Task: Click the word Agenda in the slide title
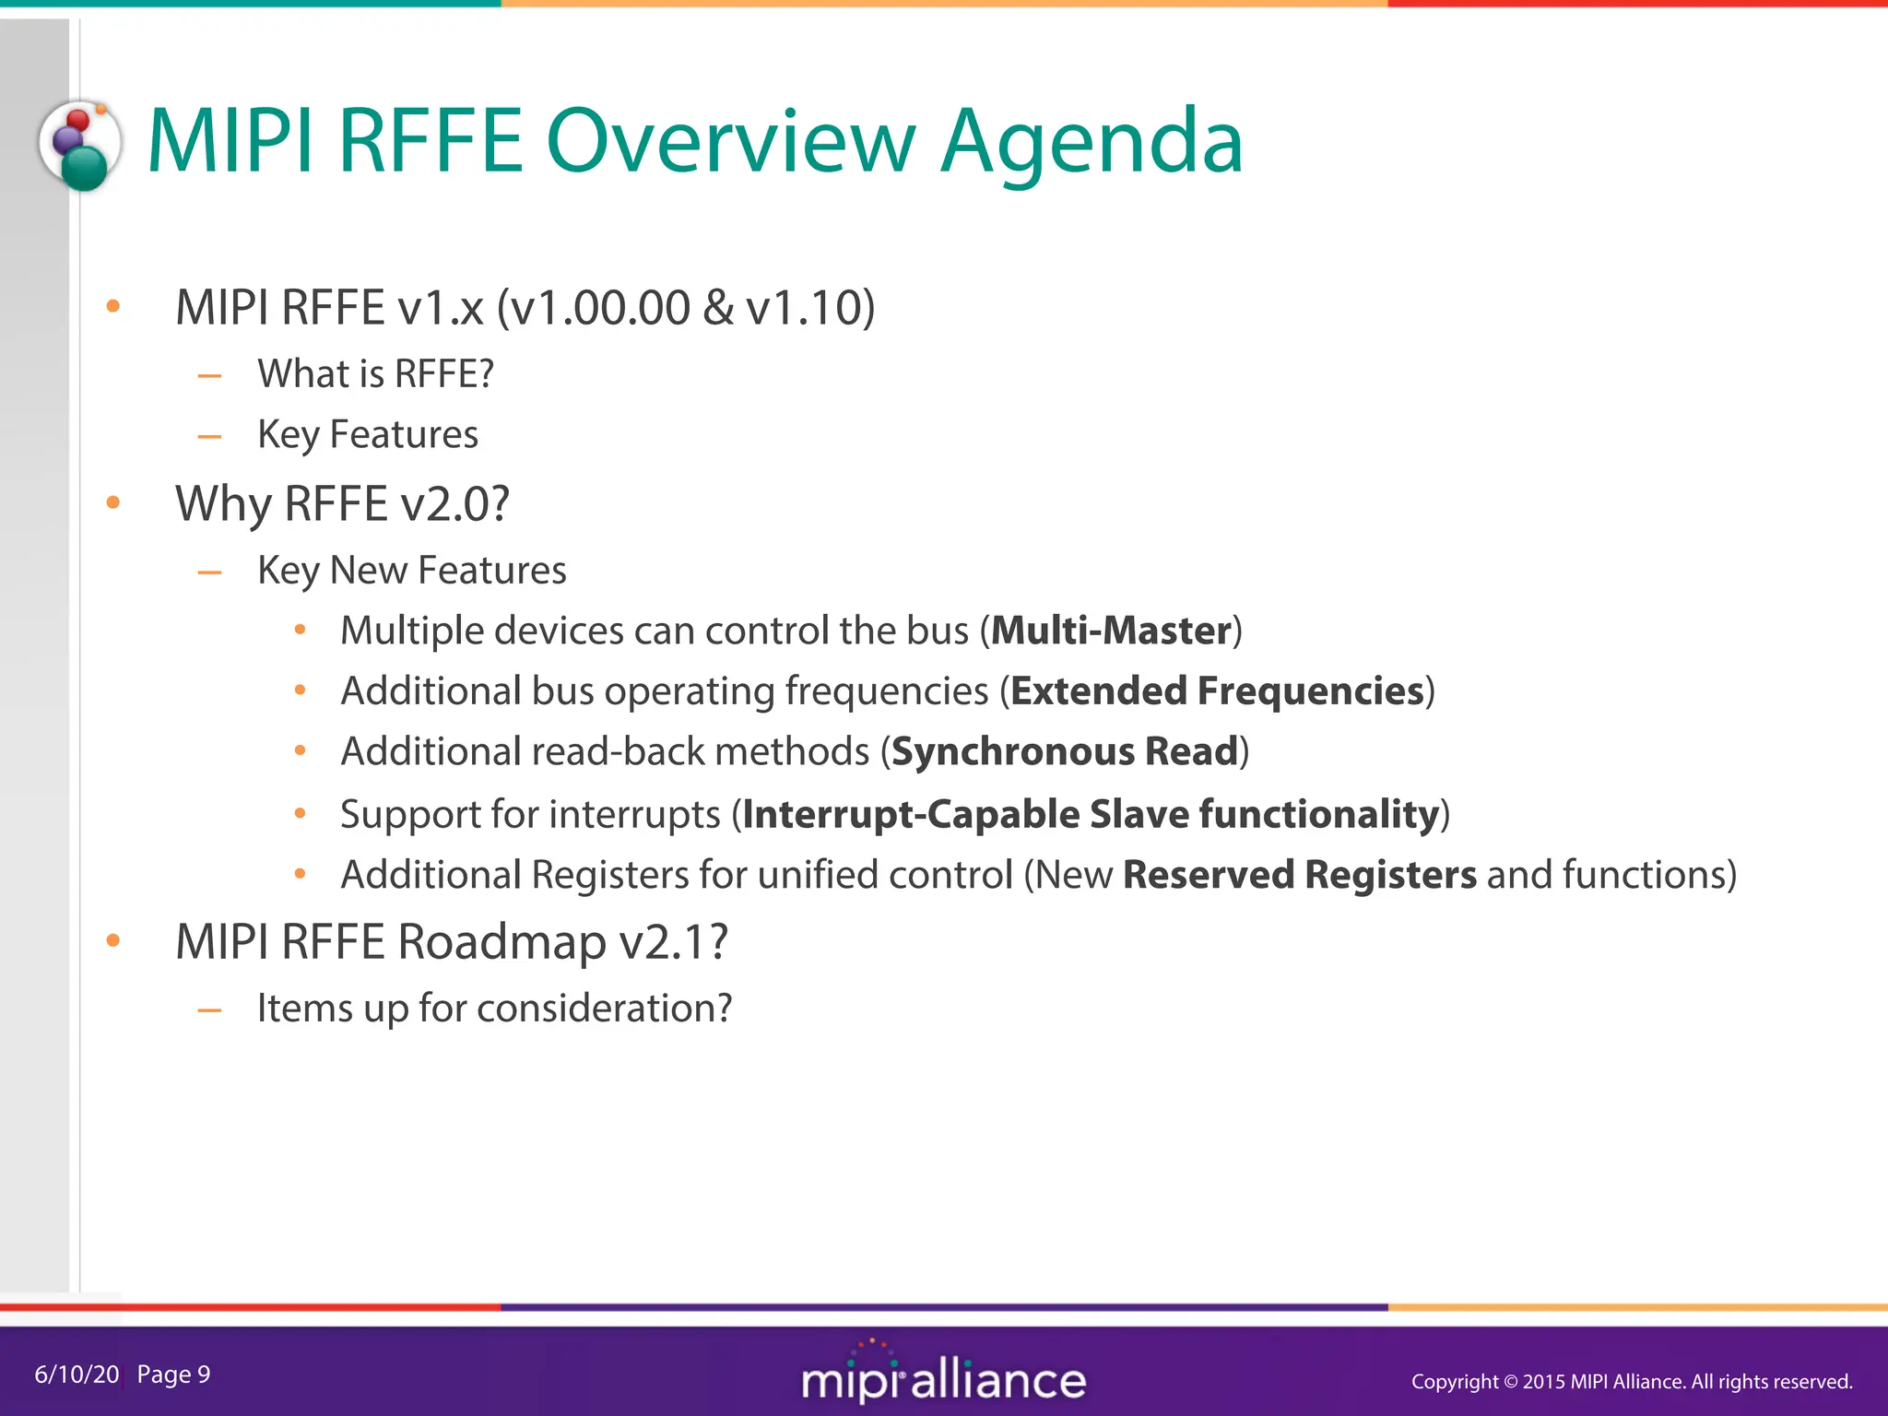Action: coord(1091,143)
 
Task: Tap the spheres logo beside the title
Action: coord(81,146)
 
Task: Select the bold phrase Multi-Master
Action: coord(1111,631)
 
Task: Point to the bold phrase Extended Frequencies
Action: coord(1217,691)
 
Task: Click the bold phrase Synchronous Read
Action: coord(1064,752)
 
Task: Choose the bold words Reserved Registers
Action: coord(1299,875)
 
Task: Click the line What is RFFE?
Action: coord(375,374)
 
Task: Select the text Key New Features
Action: coord(411,571)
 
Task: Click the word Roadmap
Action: coord(502,942)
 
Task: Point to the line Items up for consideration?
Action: coord(494,1009)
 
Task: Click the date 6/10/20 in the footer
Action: coord(77,1375)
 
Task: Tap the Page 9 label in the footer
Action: coord(173,1375)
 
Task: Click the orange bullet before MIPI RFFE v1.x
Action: coord(113,307)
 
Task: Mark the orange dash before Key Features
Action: coord(210,435)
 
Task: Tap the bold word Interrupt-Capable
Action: coord(911,815)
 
